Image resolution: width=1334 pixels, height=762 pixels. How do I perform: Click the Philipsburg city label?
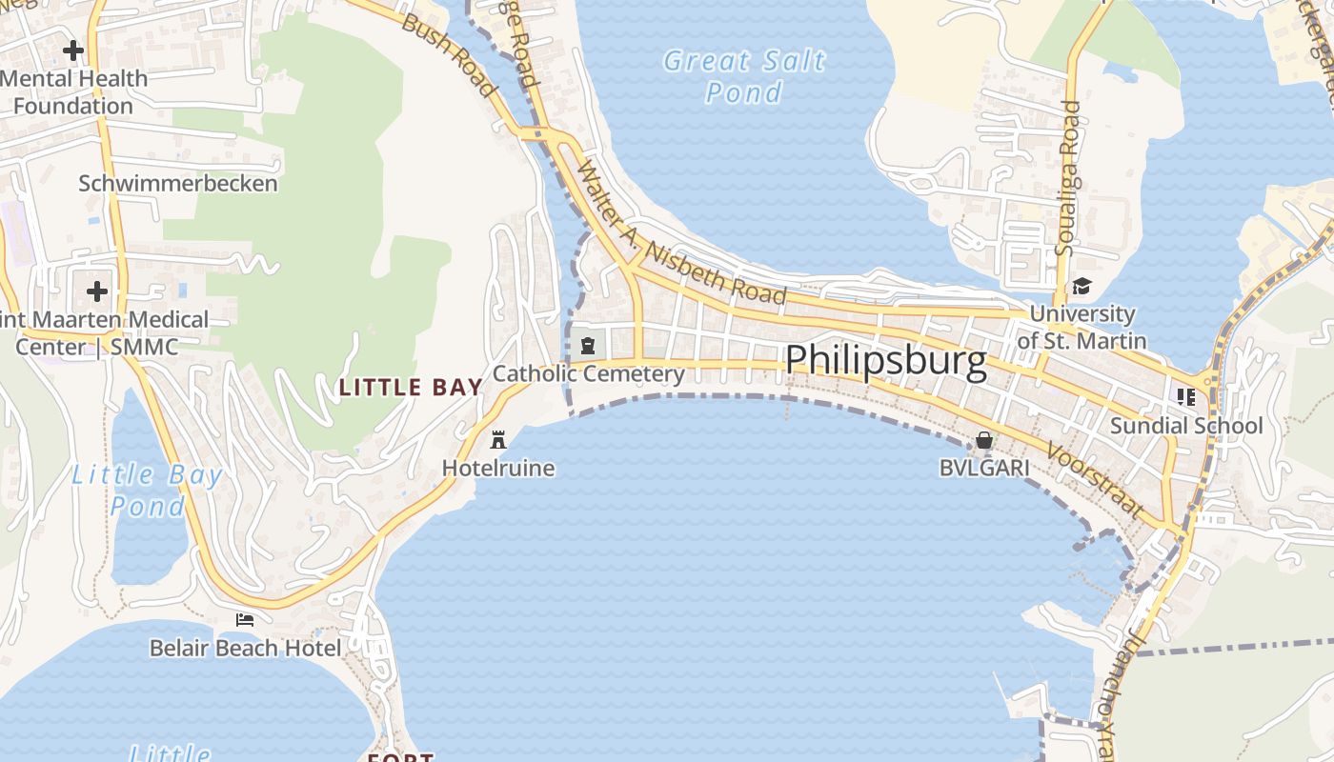(x=885, y=362)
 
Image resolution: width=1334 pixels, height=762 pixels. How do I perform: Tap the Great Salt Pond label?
(x=744, y=76)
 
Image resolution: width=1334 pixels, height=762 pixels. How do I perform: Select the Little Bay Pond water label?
(x=147, y=490)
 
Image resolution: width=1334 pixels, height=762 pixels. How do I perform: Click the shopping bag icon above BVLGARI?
(x=984, y=440)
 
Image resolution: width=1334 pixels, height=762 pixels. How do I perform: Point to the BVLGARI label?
(x=984, y=468)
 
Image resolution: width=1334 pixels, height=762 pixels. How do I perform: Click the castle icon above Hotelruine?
(x=497, y=440)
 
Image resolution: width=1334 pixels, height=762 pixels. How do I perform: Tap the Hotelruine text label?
(x=497, y=468)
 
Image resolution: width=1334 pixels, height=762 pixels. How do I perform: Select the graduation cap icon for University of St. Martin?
(x=1081, y=286)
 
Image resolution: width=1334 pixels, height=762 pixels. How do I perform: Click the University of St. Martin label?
(x=1081, y=327)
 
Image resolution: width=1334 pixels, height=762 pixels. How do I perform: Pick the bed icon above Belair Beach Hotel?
(x=245, y=620)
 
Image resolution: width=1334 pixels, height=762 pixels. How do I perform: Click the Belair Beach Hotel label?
(x=245, y=649)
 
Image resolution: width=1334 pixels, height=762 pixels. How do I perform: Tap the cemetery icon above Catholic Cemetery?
(x=588, y=346)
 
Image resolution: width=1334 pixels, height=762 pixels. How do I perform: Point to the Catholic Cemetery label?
(x=588, y=373)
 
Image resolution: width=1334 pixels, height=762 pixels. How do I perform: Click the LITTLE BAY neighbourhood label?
(x=411, y=387)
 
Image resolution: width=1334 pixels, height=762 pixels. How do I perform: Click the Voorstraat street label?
(x=1094, y=480)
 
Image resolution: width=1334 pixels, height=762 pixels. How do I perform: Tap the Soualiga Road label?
(x=1068, y=178)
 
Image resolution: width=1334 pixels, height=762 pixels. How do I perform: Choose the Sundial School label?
(x=1186, y=426)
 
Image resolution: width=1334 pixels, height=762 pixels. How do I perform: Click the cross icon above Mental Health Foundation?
(x=72, y=50)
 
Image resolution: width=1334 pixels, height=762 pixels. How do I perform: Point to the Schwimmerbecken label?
(x=178, y=183)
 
